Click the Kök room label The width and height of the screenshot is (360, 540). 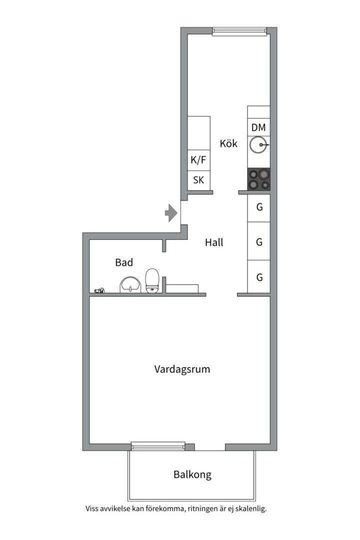point(228,143)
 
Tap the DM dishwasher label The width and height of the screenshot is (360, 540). point(258,127)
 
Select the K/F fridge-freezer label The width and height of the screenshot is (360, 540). point(198,160)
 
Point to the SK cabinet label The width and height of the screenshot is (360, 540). point(198,180)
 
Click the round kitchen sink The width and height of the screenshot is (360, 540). point(258,145)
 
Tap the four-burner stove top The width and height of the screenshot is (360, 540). point(258,179)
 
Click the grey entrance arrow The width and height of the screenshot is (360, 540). point(171,213)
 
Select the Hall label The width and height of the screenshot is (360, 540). point(214,242)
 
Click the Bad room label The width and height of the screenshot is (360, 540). point(124,262)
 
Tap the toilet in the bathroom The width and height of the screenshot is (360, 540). point(152,281)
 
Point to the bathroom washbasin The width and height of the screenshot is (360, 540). point(130,285)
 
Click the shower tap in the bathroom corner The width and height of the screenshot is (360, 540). point(99,291)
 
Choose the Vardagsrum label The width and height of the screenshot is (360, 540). point(182,369)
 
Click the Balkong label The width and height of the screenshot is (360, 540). point(192,474)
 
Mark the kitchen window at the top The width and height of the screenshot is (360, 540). point(239,31)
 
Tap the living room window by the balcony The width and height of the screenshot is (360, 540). point(158,446)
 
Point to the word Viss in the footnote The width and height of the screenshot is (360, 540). point(92,508)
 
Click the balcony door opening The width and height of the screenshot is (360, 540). point(210,447)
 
